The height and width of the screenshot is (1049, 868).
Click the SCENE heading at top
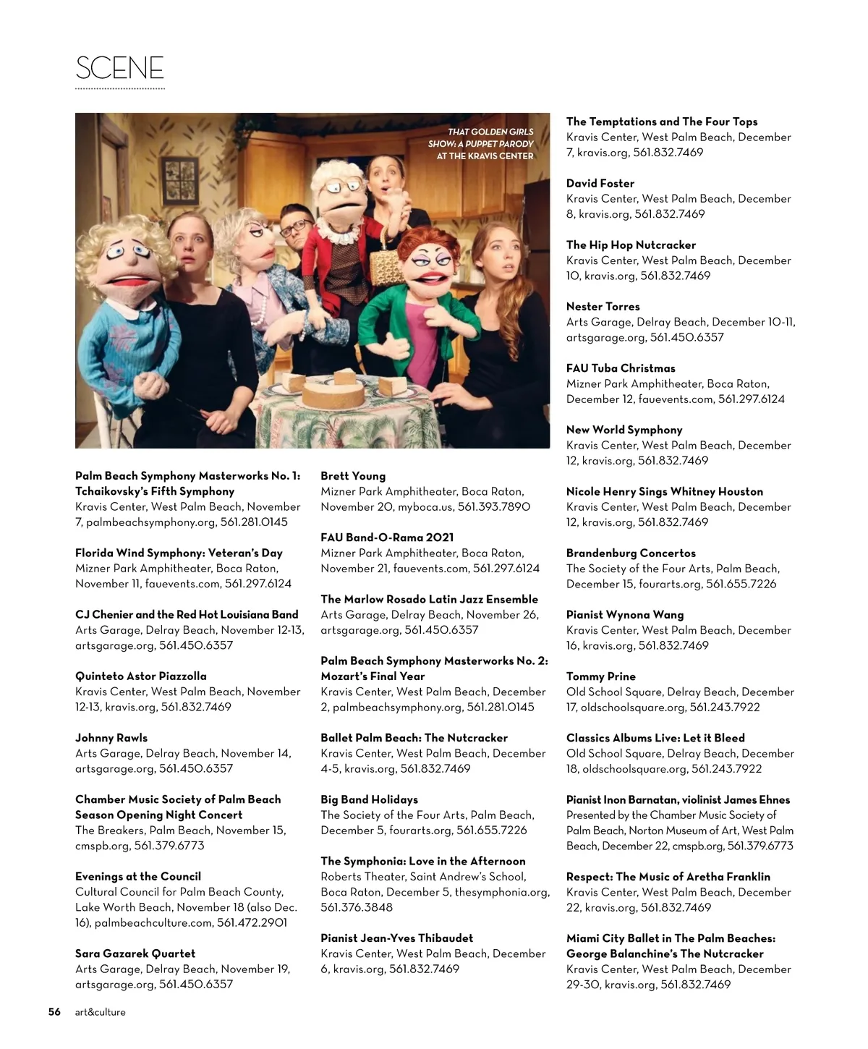coord(120,68)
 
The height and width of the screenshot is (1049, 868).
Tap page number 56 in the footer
coord(54,1012)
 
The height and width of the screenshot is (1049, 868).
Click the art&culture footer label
coord(101,1012)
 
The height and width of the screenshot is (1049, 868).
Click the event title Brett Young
coord(353,476)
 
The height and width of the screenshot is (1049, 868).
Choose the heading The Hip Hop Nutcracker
coord(631,245)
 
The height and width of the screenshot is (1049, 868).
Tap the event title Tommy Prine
coord(601,676)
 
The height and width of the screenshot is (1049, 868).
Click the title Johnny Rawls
coord(111,738)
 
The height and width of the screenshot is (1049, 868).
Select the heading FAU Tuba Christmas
coord(621,368)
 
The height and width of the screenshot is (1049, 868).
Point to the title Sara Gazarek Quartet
coord(135,954)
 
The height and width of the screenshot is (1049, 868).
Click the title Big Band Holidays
coord(370,799)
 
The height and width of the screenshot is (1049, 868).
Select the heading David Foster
coord(600,183)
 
